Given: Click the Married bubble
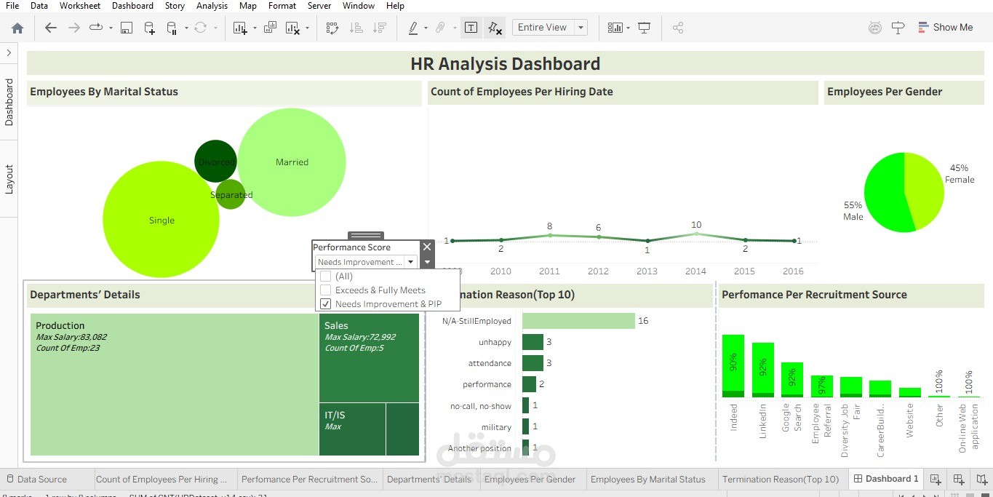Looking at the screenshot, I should pyautogui.click(x=292, y=162).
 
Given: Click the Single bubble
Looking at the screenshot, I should pyautogui.click(x=161, y=220).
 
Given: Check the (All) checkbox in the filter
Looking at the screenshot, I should pyautogui.click(x=325, y=277).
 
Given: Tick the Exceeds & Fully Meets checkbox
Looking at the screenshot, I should pyautogui.click(x=325, y=290).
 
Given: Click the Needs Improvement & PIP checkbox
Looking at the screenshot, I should pyautogui.click(x=325, y=304).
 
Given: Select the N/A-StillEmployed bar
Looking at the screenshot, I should pyautogui.click(x=578, y=321).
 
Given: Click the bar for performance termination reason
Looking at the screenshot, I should pyautogui.click(x=529, y=384).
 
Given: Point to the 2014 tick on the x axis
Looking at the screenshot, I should pyautogui.click(x=695, y=271).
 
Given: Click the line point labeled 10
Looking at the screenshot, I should pyautogui.click(x=696, y=234).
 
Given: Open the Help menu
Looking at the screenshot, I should pyautogui.click(x=395, y=6).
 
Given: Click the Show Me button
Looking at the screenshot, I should pyautogui.click(x=945, y=28).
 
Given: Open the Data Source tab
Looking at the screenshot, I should pyautogui.click(x=41, y=480).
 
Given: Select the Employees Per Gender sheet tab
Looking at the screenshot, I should pyautogui.click(x=530, y=480).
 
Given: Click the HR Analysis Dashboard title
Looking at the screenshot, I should pyautogui.click(x=505, y=64).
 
